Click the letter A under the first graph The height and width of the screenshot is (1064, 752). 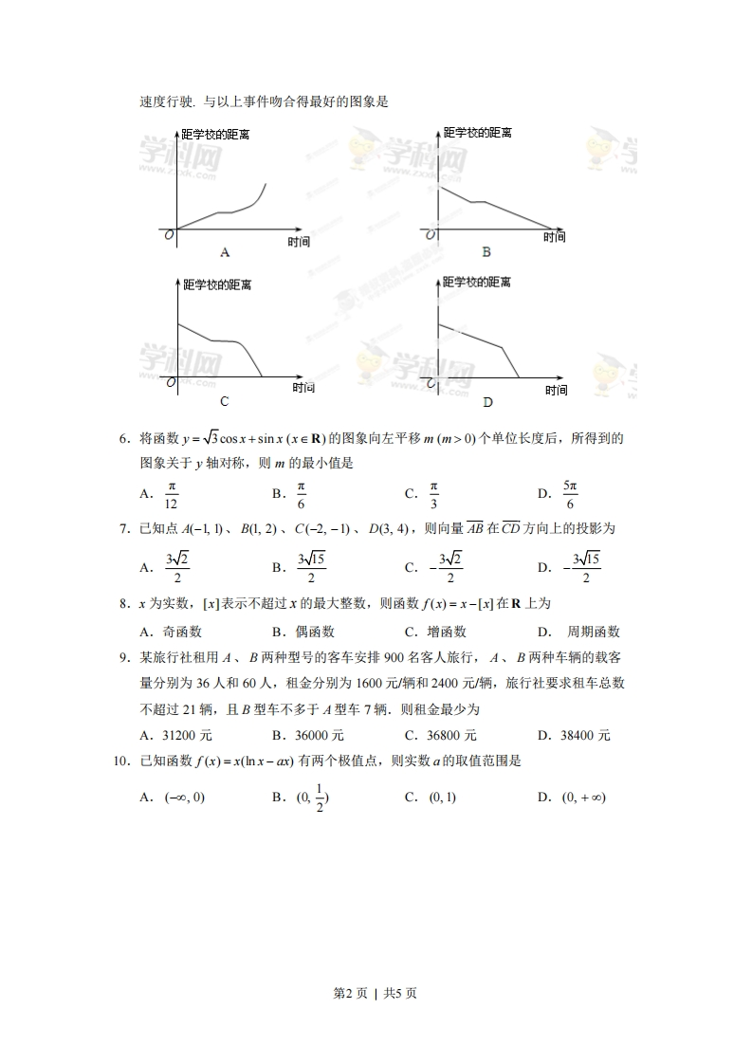click(225, 252)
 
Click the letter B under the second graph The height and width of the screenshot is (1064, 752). click(486, 252)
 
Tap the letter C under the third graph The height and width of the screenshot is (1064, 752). click(224, 401)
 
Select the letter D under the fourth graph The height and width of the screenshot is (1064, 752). click(487, 402)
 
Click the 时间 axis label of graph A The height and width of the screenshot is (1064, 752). click(299, 242)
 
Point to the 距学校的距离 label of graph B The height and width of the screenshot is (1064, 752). click(478, 134)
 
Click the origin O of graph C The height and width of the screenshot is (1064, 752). click(171, 383)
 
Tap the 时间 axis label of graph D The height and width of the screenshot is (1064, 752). click(557, 391)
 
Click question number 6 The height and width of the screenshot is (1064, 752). click(123, 438)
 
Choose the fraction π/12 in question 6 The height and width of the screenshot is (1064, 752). click(172, 494)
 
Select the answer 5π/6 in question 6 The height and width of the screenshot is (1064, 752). click(570, 494)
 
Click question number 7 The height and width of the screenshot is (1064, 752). click(123, 528)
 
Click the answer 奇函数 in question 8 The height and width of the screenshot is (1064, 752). click(182, 632)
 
